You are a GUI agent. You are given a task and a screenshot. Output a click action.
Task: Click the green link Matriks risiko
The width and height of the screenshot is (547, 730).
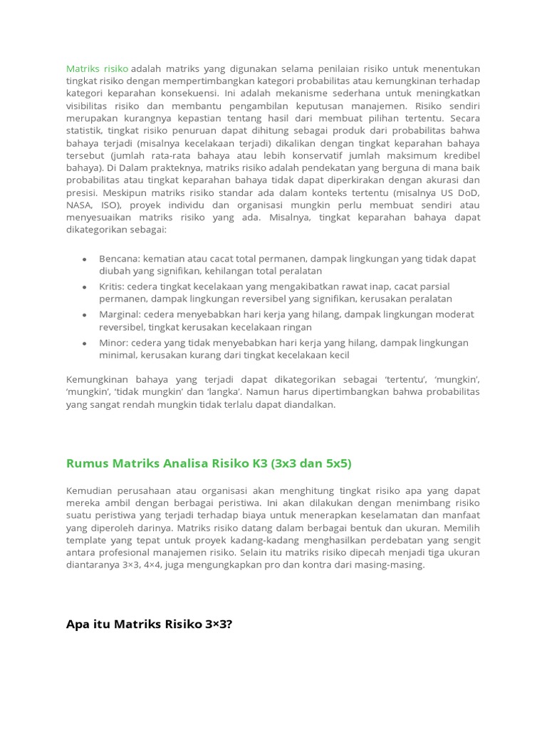pyautogui.click(x=97, y=68)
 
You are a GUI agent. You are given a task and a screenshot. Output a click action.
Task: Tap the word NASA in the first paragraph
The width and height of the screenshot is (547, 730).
pyautogui.click(x=79, y=205)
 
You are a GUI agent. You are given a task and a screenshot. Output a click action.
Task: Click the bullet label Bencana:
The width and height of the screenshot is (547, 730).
pyautogui.click(x=120, y=258)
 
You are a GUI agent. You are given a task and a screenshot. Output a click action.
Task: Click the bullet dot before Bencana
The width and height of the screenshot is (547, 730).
pyautogui.click(x=85, y=259)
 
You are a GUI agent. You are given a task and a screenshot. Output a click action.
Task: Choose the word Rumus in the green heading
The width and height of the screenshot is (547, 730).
pyautogui.click(x=85, y=463)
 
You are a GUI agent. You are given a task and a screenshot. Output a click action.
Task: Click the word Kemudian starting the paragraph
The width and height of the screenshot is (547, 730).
pyautogui.click(x=90, y=491)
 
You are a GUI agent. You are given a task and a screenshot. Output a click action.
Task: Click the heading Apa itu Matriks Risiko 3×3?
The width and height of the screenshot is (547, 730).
pyautogui.click(x=149, y=624)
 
